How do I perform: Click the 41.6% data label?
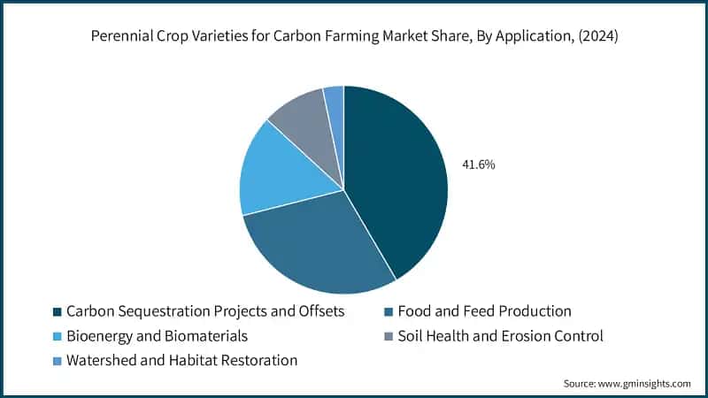tap(478, 165)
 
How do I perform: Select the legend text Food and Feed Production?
tap(484, 311)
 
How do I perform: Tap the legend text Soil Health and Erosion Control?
tap(500, 336)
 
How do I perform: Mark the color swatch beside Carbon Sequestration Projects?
tap(58, 312)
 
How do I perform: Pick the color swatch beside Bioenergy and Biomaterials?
tap(58, 337)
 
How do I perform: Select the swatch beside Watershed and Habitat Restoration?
tap(58, 362)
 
